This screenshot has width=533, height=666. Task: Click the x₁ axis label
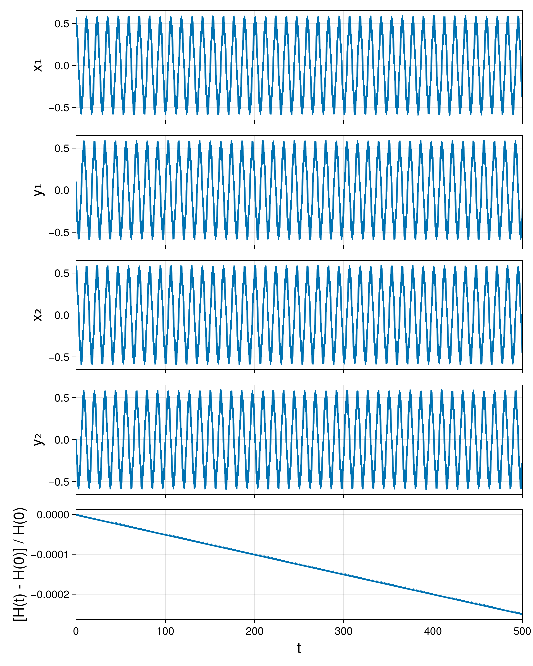pos(38,65)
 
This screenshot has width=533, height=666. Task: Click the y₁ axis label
pos(39,190)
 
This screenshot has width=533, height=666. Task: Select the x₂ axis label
pos(38,315)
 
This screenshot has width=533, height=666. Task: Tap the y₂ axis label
pos(39,440)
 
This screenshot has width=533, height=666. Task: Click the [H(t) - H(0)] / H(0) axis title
pos(20,564)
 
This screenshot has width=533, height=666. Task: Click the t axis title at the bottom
pos(299,648)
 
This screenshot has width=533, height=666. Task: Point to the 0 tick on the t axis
pos(76,631)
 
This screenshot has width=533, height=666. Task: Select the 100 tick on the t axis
pos(165,631)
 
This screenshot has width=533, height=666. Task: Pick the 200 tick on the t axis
pos(255,631)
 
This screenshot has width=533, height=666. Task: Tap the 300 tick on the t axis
pos(344,631)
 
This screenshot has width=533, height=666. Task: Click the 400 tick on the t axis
pos(433,631)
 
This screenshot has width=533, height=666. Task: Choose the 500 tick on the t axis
pos(522,631)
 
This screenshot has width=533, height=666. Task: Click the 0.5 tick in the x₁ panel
pos(62,24)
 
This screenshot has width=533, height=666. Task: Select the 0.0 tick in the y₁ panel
pos(62,190)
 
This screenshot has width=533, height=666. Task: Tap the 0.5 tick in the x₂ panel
pos(62,273)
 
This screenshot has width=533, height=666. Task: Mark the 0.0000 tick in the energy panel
pos(53,515)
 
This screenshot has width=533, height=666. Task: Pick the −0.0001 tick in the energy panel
pos(50,554)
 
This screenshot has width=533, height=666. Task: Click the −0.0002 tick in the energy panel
pos(50,594)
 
